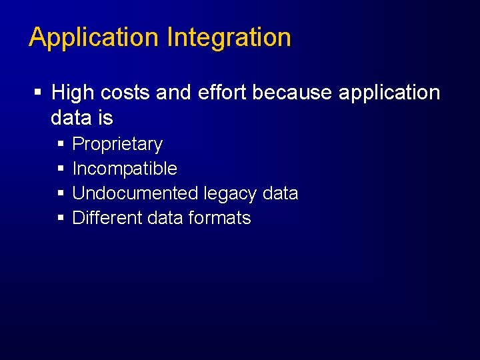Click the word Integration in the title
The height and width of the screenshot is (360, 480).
[229, 38]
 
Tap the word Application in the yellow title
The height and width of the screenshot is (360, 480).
[95, 38]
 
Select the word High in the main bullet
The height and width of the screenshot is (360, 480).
[72, 93]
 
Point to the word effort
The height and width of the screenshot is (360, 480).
[220, 93]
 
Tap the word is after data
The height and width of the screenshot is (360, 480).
[105, 118]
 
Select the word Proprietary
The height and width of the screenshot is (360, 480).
[117, 145]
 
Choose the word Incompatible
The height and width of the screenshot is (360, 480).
[125, 169]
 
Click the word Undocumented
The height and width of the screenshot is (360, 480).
[135, 193]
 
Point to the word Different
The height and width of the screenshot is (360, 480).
[107, 218]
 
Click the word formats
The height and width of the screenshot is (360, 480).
[220, 218]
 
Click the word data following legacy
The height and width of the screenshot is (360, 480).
[281, 193]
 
